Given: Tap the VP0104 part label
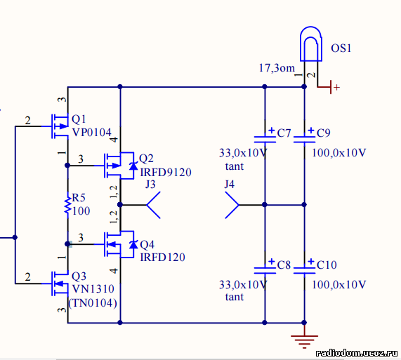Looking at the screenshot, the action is (x=92, y=133).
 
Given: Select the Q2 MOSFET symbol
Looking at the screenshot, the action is (x=119, y=166).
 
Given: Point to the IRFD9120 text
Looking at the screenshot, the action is (x=166, y=173).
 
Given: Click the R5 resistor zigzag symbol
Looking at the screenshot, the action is (x=68, y=205).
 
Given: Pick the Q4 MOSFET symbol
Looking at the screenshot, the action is (x=119, y=244).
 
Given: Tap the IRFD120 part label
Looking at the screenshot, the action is (x=163, y=258).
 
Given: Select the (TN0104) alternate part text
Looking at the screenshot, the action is (x=93, y=303).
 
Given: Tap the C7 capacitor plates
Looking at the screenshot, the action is (x=265, y=140).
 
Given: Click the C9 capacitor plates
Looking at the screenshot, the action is (x=304, y=140).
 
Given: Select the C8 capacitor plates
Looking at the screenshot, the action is (x=265, y=271).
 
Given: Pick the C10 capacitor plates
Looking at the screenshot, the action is (x=304, y=271).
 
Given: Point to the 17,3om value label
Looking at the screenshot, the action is (x=277, y=68).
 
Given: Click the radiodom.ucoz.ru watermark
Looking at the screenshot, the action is (x=357, y=353).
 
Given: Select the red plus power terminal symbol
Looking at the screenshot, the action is (x=331, y=87).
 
